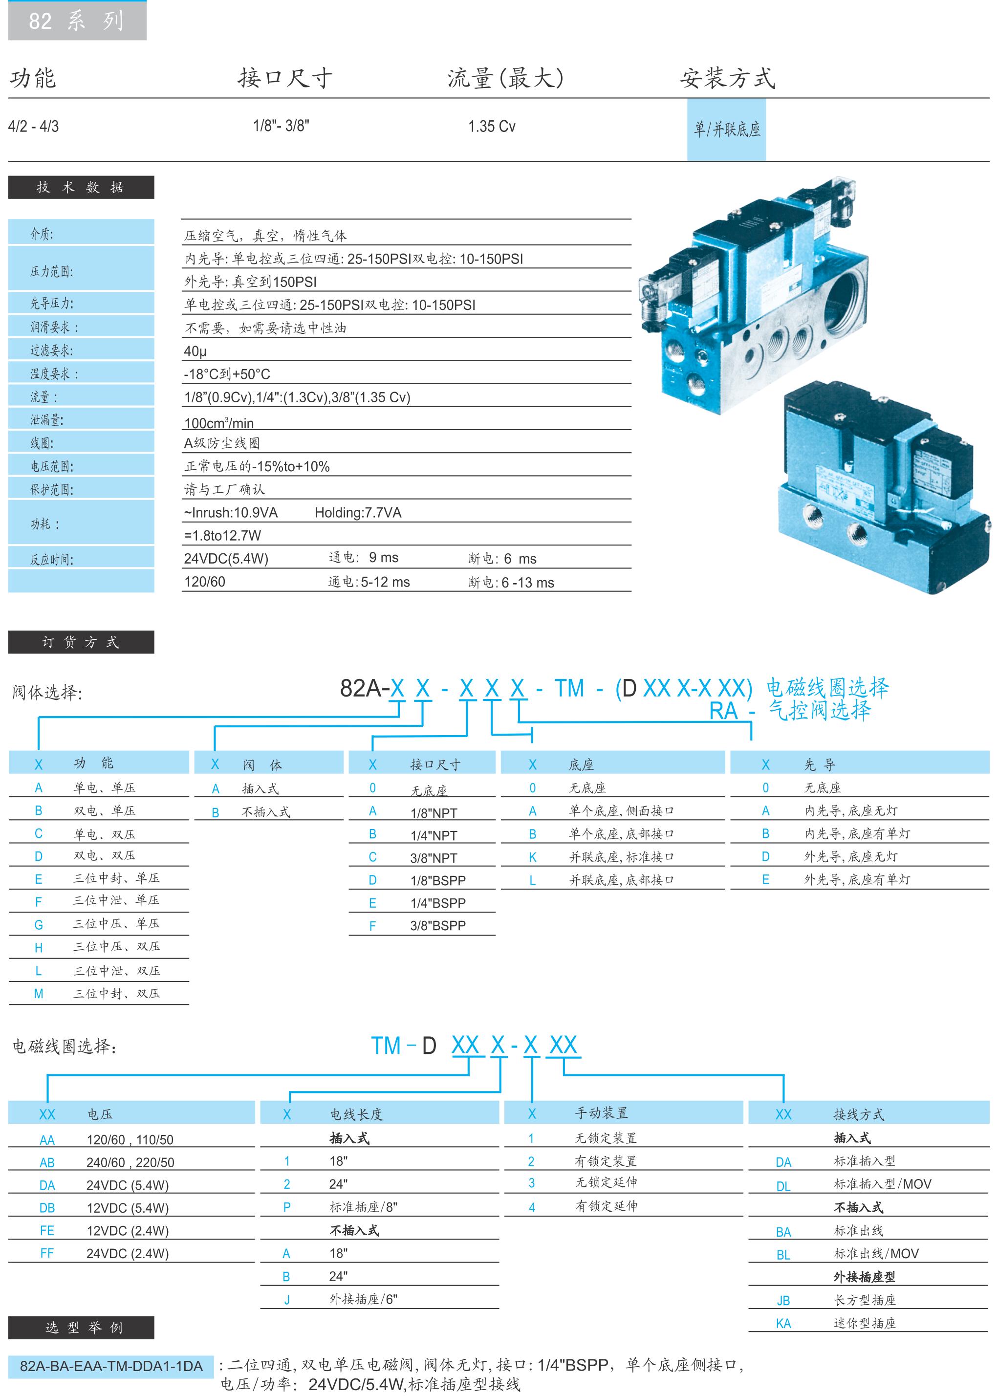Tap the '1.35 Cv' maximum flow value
pyautogui.click(x=492, y=127)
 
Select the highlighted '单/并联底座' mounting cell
pyautogui.click(x=726, y=129)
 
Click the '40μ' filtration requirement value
pyautogui.click(x=195, y=351)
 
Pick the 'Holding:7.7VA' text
pyautogui.click(x=358, y=513)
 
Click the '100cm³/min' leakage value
pyautogui.click(x=219, y=422)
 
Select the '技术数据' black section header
pyautogui.click(x=81, y=187)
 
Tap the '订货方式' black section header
pyautogui.click(x=81, y=642)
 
